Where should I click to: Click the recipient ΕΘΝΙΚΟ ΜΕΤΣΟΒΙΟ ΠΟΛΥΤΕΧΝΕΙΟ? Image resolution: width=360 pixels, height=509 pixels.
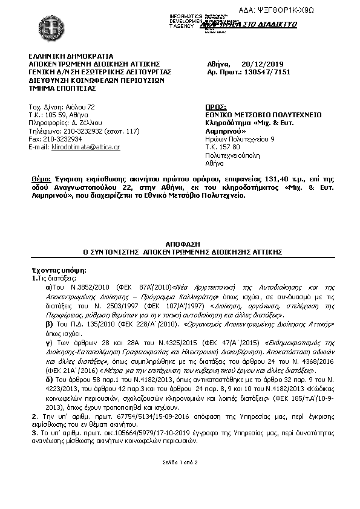click(x=263, y=115)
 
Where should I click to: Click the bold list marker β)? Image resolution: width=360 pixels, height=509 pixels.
click(x=50, y=324)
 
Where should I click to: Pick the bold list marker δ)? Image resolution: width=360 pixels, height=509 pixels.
click(x=50, y=379)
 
